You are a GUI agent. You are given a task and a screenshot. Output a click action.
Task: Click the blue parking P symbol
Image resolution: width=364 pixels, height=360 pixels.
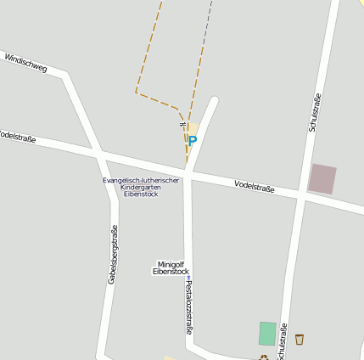tap(193, 140)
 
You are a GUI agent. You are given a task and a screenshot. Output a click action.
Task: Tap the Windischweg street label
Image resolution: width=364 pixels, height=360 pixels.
tap(25, 61)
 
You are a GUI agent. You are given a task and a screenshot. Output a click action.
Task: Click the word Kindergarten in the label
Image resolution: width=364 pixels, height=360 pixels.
tap(141, 187)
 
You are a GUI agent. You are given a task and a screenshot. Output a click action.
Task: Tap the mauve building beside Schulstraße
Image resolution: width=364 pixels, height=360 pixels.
tap(322, 178)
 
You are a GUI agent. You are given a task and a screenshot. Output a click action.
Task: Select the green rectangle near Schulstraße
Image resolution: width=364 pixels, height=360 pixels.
tap(267, 333)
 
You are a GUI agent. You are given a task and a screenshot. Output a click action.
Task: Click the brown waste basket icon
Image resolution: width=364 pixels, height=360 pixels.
tap(300, 340)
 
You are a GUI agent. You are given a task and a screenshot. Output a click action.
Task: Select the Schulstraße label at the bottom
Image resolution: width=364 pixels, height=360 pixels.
tap(283, 341)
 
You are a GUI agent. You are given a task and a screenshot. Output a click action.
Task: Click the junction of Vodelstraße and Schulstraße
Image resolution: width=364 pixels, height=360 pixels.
tap(300, 198)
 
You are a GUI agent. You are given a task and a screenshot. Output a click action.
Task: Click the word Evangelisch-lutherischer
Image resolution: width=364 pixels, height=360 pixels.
tap(141, 180)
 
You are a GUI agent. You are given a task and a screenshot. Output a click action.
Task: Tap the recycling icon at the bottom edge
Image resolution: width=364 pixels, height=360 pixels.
tap(264, 357)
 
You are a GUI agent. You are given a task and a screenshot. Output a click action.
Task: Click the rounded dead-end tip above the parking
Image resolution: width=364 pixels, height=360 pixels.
tap(214, 101)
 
